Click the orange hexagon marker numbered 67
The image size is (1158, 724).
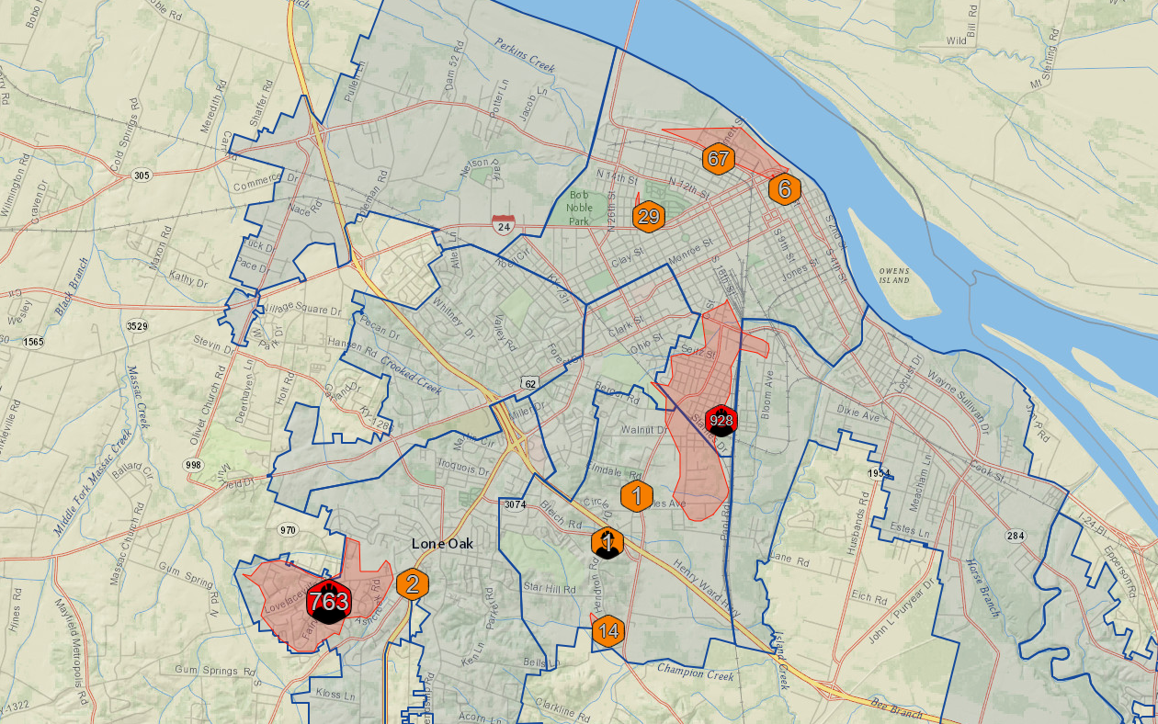[718, 159]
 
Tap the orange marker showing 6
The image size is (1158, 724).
[785, 190]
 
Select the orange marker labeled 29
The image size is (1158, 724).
[648, 217]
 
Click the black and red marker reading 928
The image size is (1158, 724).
[721, 421]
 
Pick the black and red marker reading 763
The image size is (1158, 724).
[328, 602]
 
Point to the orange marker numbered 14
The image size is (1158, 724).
[607, 631]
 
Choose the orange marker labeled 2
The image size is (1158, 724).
[413, 583]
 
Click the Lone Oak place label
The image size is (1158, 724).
[442, 543]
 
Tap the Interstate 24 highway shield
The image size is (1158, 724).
[503, 224]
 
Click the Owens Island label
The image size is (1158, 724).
[893, 275]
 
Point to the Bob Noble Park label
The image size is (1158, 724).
[579, 208]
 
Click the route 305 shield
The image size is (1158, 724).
[141, 175]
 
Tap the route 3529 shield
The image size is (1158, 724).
[137, 326]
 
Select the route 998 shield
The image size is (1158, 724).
[192, 466]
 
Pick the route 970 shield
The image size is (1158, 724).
[288, 530]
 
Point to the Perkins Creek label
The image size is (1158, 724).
[525, 54]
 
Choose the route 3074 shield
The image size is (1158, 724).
[514, 504]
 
